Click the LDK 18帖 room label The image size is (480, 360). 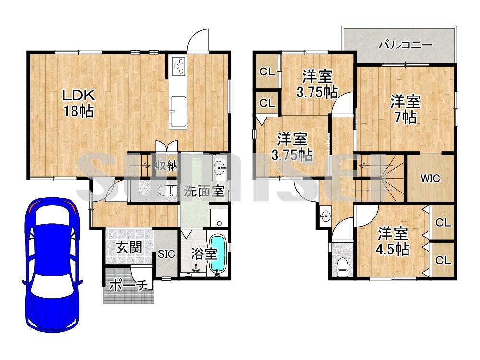tap(78, 103)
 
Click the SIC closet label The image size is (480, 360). tap(167, 254)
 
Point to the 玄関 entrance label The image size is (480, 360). tap(130, 247)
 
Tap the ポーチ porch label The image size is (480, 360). tap(128, 285)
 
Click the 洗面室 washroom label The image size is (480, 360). tap(204, 191)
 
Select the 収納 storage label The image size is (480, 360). tap(166, 166)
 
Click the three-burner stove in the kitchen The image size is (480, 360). tap(178, 66)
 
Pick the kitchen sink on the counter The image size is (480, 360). tap(178, 112)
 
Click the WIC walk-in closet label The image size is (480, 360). tap(430, 179)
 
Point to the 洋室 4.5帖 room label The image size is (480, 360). tap(393, 241)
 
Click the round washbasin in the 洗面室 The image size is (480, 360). tap(220, 167)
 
